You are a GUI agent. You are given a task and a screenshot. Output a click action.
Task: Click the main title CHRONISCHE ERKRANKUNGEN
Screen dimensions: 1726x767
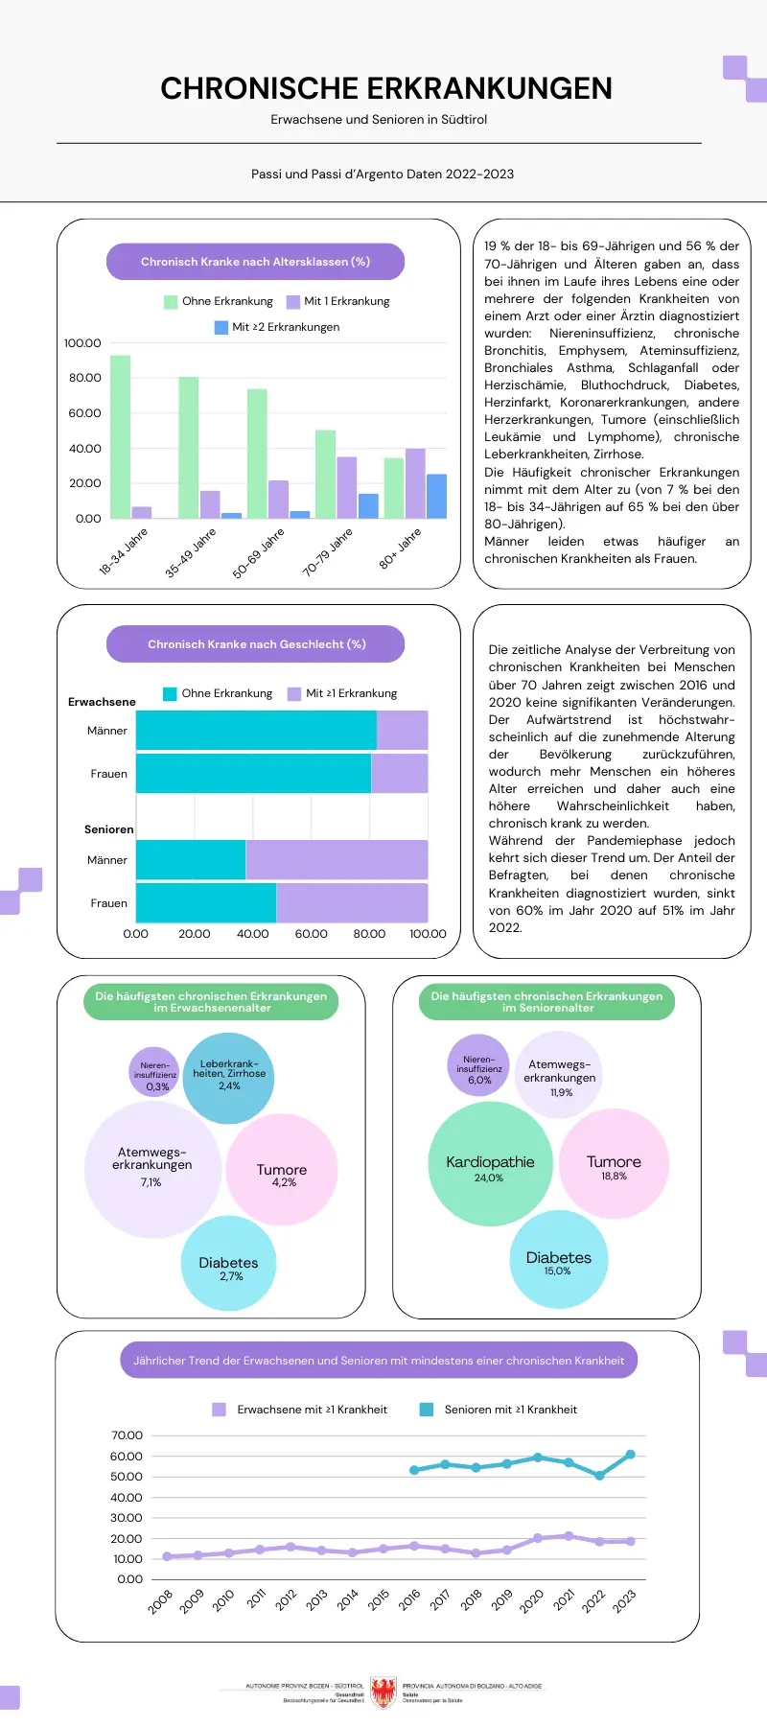pyautogui.click(x=385, y=88)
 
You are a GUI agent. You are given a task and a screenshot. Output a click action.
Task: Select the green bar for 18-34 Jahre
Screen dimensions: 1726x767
pyautogui.click(x=120, y=436)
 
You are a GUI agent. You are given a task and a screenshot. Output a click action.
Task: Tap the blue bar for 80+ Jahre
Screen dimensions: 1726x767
pyautogui.click(x=436, y=496)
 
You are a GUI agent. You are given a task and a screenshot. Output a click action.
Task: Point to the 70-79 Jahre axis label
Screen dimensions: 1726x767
pyautogui.click(x=328, y=551)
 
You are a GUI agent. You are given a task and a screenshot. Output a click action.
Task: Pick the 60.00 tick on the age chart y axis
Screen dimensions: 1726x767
pyautogui.click(x=84, y=413)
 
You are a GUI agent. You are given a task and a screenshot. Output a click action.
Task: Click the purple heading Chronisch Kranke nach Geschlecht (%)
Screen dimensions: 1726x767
pyautogui.click(x=255, y=644)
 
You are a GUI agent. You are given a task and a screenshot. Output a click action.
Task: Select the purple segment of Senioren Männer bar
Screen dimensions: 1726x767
pyautogui.click(x=337, y=859)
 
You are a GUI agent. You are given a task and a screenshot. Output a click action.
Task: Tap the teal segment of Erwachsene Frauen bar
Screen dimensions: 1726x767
pyautogui.click(x=253, y=773)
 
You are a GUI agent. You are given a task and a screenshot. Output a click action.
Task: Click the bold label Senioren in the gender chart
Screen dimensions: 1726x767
pyautogui.click(x=109, y=829)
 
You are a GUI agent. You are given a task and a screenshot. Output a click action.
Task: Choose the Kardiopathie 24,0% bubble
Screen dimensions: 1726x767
pyautogui.click(x=490, y=1164)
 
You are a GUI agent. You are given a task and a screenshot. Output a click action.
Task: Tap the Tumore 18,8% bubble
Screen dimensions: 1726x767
pyautogui.click(x=614, y=1164)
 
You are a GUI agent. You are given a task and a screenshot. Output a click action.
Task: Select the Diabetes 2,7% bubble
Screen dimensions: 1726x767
pyautogui.click(x=229, y=1264)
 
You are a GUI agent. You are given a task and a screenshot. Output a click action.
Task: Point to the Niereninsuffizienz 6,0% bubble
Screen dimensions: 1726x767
pyautogui.click(x=478, y=1065)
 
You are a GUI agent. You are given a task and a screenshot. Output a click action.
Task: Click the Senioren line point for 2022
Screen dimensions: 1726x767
pyautogui.click(x=599, y=1476)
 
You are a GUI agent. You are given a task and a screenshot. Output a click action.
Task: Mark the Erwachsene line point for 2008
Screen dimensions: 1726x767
pyautogui.click(x=167, y=1556)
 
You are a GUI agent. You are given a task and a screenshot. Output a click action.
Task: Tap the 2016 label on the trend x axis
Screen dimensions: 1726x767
pyautogui.click(x=409, y=1599)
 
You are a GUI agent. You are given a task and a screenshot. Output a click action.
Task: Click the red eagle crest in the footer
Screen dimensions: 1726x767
pyautogui.click(x=383, y=1692)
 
